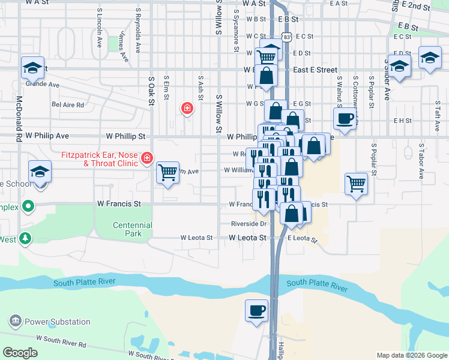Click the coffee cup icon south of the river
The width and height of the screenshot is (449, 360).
256,311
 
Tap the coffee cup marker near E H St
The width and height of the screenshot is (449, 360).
345,118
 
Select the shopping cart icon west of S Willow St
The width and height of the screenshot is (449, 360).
167,173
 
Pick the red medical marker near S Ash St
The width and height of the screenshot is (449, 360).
187,108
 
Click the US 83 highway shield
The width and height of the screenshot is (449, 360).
288,37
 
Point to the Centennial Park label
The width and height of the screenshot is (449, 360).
133,229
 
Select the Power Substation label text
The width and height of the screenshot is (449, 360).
57,322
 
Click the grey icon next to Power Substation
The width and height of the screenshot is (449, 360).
15,322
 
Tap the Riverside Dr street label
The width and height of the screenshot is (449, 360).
249,224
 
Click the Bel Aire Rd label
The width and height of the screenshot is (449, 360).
68,104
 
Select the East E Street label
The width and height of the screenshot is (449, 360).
315,70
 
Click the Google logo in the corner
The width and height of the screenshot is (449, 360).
20,353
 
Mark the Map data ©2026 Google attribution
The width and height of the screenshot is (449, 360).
411,355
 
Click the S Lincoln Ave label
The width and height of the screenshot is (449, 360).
99,28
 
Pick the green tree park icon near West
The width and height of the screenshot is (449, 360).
25,239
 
